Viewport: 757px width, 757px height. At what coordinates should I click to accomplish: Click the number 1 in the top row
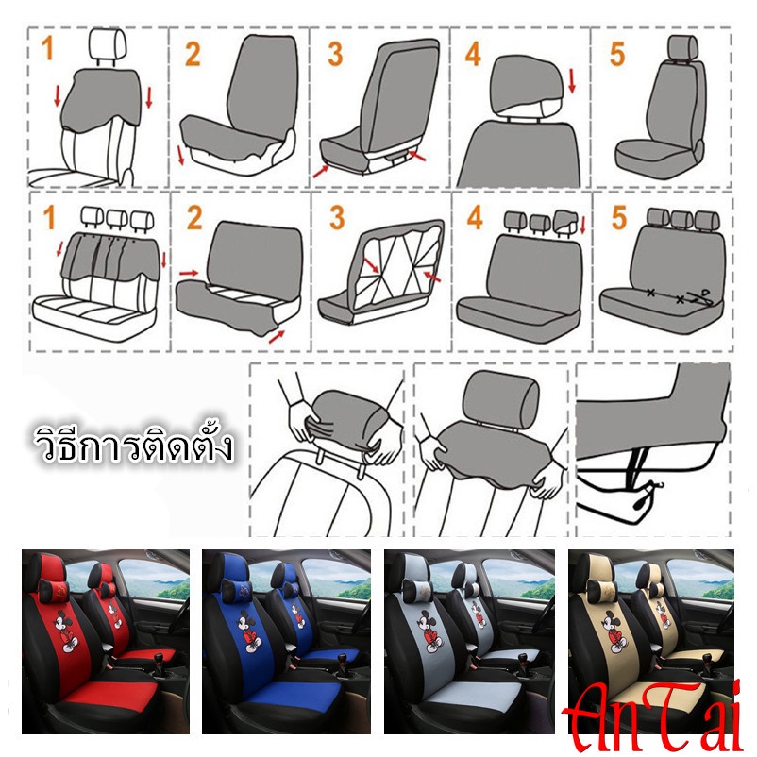tap(47, 48)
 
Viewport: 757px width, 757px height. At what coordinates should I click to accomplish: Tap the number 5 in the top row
tap(617, 54)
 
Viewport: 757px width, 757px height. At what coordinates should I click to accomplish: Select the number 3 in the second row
tap(337, 218)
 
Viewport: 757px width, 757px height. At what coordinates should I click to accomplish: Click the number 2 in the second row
tap(194, 218)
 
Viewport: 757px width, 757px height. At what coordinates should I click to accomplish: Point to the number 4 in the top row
tap(473, 54)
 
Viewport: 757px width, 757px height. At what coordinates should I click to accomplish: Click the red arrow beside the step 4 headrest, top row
tap(572, 80)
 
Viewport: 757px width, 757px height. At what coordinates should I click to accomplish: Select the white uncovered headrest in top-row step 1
tap(108, 45)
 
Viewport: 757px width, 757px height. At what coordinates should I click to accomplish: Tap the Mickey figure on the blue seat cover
tap(248, 631)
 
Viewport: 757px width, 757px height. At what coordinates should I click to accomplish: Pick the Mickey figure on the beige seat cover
tap(614, 631)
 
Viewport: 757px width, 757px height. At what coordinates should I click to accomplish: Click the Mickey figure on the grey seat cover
tap(430, 631)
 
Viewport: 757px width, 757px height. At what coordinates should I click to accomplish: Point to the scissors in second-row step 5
tap(700, 297)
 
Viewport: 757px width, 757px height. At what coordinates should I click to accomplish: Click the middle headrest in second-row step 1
tap(116, 218)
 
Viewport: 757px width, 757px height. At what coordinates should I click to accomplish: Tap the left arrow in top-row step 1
tap(58, 96)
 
